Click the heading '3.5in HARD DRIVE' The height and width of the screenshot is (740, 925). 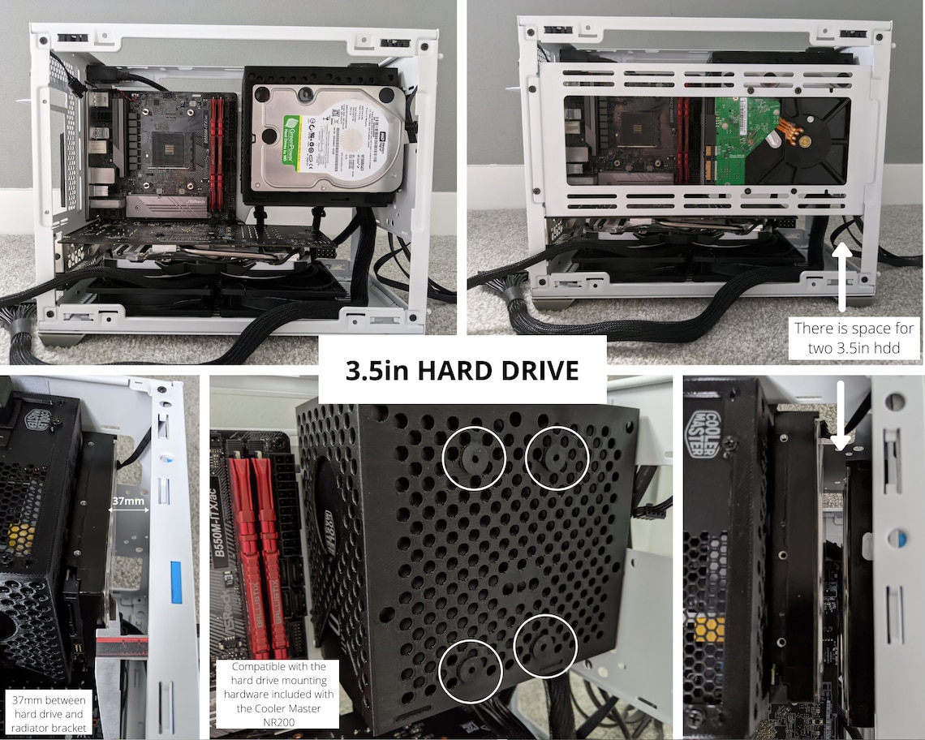[x=462, y=371]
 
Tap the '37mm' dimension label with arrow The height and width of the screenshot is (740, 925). [x=129, y=502]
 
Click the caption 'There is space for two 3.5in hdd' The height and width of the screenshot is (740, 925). [x=853, y=337]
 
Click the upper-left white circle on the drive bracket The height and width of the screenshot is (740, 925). [x=474, y=458]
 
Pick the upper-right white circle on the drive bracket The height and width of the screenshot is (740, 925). [x=557, y=458]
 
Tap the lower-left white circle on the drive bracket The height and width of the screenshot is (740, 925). [x=471, y=670]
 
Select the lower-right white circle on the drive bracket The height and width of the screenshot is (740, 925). [x=545, y=646]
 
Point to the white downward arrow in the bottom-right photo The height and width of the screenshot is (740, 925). [x=840, y=414]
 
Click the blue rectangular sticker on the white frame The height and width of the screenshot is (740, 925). [x=175, y=581]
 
